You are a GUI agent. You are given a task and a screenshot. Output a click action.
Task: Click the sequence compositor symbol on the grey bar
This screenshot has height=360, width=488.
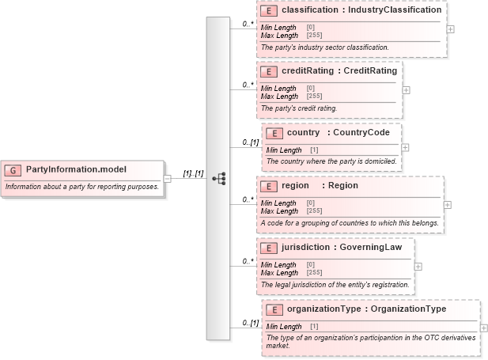click(218, 179)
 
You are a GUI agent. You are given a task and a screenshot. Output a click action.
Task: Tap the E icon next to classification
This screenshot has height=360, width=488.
click(269, 11)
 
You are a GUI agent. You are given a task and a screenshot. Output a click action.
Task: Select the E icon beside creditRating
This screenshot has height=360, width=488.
click(269, 71)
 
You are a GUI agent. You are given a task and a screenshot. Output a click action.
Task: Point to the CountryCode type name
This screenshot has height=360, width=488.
click(361, 133)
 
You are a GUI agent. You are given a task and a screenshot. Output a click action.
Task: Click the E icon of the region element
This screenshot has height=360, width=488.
click(269, 186)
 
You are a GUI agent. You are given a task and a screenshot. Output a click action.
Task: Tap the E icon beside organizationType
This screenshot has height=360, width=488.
click(274, 309)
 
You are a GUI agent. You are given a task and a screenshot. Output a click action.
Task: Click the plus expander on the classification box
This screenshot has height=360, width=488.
click(450, 28)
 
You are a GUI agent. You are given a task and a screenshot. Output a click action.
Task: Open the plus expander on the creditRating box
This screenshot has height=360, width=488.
click(406, 89)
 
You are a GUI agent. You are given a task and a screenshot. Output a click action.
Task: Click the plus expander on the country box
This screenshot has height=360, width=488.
click(405, 147)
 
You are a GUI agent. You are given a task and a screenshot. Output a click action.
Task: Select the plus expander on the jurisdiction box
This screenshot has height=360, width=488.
click(418, 265)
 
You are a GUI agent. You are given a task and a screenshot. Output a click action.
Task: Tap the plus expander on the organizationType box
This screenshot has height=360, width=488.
click(483, 328)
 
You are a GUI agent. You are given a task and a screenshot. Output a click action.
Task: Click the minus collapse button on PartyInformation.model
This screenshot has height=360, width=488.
click(167, 178)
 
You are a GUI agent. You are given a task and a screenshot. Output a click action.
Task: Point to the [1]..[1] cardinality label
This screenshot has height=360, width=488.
click(194, 172)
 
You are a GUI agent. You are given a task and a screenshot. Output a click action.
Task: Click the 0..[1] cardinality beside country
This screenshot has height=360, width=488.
click(250, 142)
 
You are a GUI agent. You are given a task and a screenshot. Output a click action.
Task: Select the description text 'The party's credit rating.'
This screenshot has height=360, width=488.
click(299, 108)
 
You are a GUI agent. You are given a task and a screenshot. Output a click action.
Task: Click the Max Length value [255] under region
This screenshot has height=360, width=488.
click(313, 211)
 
